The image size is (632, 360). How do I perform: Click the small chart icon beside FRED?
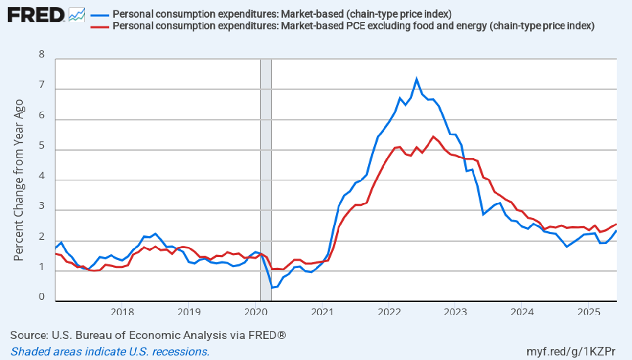tap(77, 15)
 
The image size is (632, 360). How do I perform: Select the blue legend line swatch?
tap(100, 14)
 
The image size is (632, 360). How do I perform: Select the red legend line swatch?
tap(100, 26)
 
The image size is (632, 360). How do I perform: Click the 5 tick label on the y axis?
tap(41, 146)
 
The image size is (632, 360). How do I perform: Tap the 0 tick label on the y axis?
tap(41, 297)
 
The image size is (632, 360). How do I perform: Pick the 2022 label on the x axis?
tap(388, 312)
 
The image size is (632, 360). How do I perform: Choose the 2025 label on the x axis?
tap(588, 312)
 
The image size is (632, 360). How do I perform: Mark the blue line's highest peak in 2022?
tap(416, 79)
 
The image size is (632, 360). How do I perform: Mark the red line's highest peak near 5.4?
tap(433, 137)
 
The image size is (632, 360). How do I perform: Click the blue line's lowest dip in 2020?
tap(271, 288)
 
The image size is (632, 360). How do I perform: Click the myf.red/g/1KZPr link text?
tap(571, 351)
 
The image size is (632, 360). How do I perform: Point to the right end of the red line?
tap(616, 224)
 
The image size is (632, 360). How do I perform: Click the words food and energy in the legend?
tap(433, 26)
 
